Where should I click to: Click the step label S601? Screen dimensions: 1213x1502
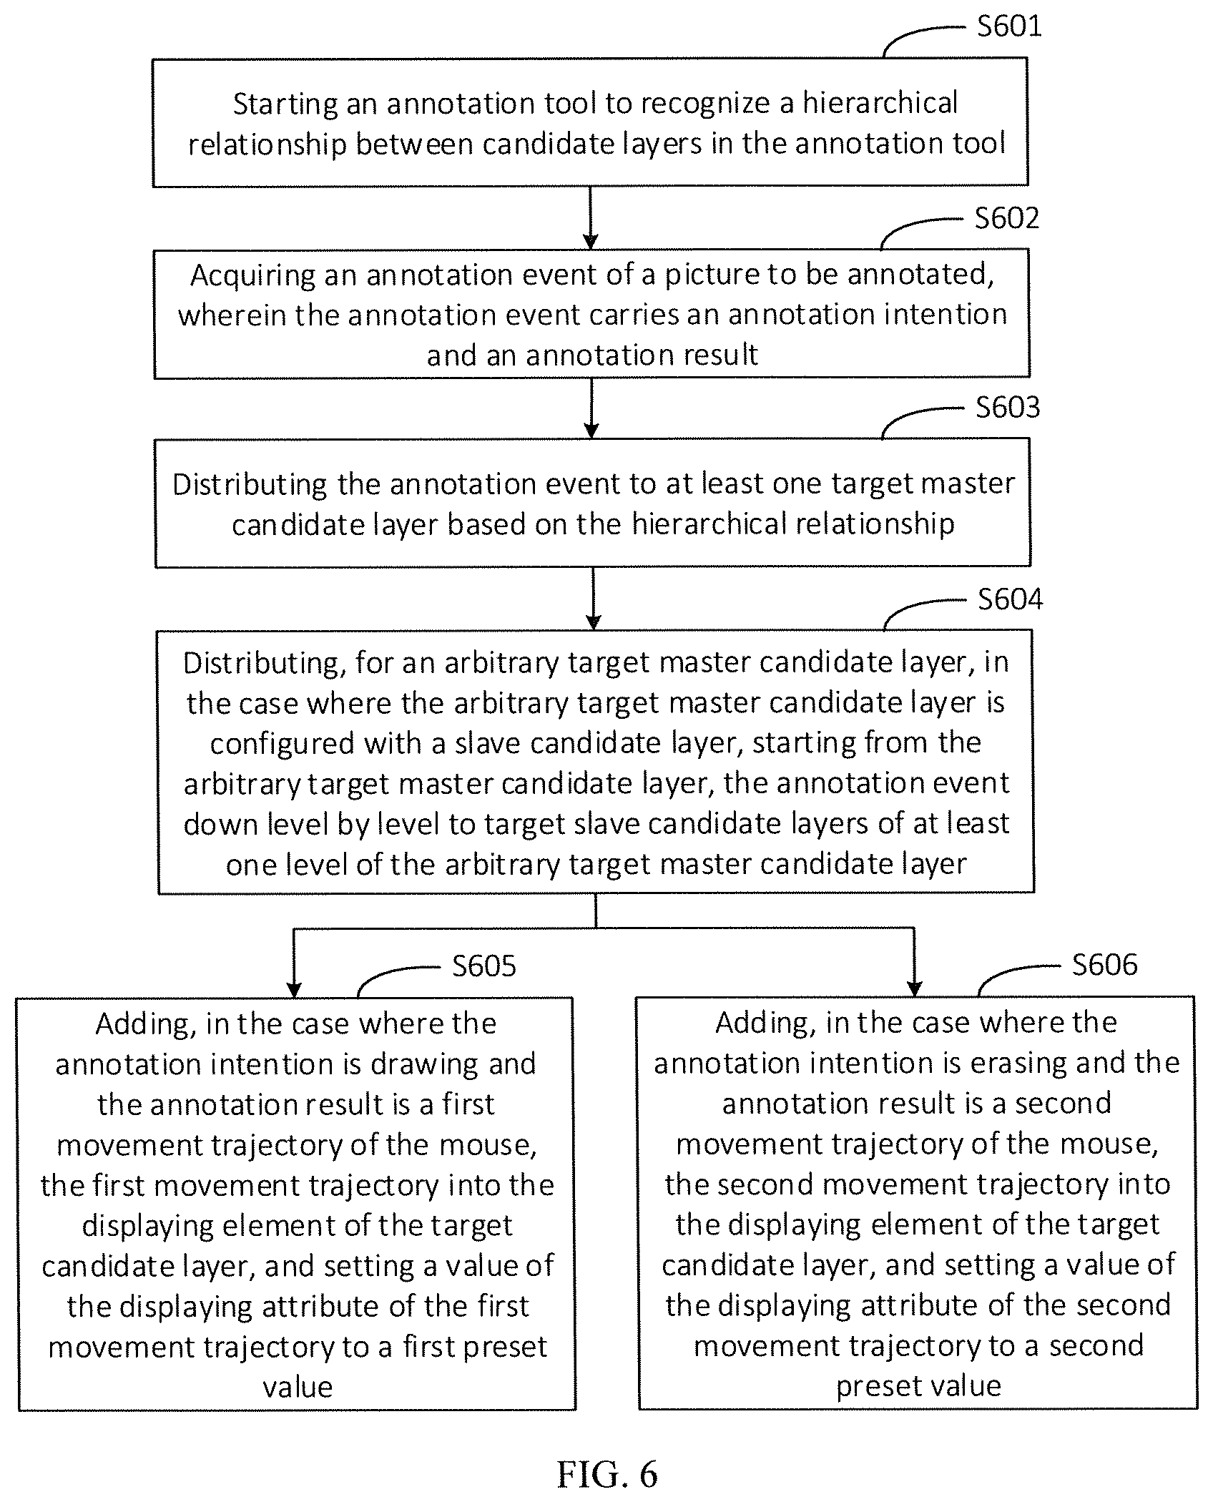1009,26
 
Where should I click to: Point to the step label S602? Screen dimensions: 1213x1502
1007,218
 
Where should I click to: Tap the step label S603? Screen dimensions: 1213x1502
1008,408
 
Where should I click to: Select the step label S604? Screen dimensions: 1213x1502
1010,599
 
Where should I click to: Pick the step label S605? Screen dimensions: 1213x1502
484,966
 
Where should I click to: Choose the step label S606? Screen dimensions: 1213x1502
1104,965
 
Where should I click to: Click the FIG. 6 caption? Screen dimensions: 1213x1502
606,1474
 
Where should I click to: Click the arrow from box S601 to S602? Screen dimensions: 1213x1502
591,218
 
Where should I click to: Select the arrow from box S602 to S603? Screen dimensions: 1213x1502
591,408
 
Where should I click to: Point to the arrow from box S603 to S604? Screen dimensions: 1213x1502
593,599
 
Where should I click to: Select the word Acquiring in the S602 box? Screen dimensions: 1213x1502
253,276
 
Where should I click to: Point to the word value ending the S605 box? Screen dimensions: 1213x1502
298,1388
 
